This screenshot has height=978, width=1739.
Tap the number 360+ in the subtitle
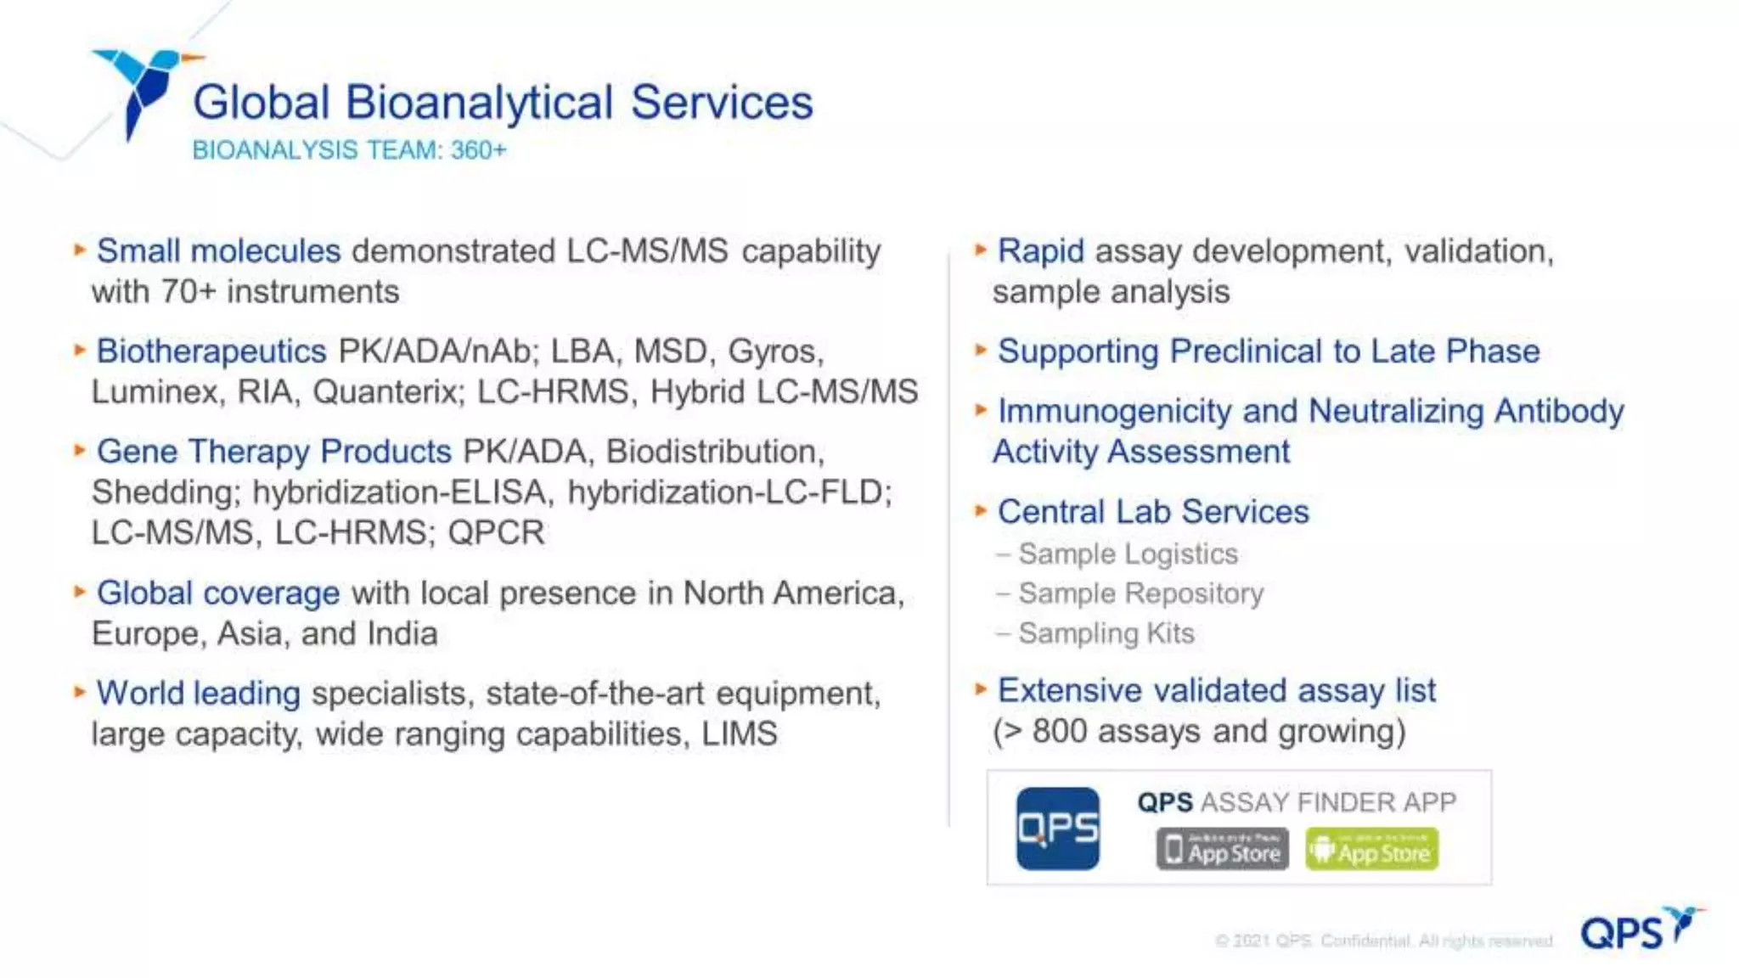point(478,150)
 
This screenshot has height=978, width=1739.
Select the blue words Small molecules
point(218,251)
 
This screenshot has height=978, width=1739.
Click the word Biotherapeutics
point(211,351)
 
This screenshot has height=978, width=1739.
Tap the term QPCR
point(496,533)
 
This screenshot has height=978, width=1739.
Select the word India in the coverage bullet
point(402,634)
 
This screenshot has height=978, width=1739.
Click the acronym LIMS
point(739,734)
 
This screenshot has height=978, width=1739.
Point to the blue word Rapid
point(1040,251)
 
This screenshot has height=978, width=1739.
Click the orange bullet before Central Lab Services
point(981,511)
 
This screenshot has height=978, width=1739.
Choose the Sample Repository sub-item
point(1140,593)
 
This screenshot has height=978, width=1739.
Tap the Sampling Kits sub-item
point(1106,633)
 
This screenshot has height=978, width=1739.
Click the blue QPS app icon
point(1057,829)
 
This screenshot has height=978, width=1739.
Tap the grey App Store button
point(1222,849)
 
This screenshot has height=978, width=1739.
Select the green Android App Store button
point(1371,849)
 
